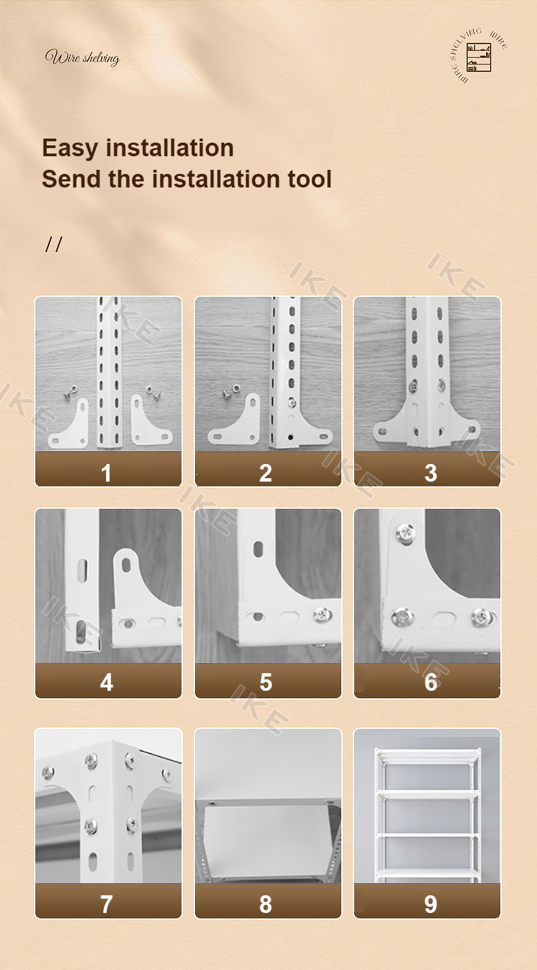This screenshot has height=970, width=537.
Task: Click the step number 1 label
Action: click(x=107, y=473)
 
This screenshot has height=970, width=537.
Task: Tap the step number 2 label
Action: click(x=266, y=473)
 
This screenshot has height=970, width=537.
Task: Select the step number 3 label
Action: click(x=430, y=473)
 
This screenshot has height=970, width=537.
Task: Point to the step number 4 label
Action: click(x=107, y=682)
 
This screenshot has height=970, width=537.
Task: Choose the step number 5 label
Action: click(x=266, y=682)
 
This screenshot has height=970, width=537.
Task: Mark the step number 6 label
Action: click(x=430, y=682)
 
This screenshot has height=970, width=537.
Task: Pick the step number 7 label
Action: click(x=107, y=904)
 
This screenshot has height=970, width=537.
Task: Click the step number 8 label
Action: click(x=266, y=904)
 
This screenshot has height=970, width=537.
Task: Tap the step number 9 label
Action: click(x=430, y=904)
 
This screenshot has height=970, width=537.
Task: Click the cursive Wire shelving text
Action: click(x=82, y=58)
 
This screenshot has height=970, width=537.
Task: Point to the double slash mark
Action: click(x=54, y=245)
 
